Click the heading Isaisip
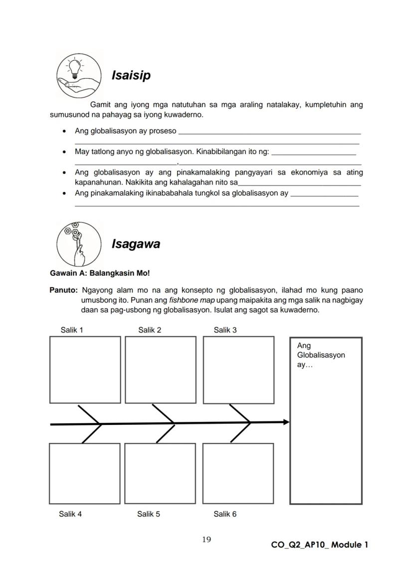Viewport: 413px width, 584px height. [131, 76]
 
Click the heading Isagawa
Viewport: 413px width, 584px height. [136, 244]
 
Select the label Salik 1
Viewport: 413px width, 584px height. [72, 330]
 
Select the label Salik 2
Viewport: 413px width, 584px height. [150, 330]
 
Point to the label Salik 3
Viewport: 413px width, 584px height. [225, 330]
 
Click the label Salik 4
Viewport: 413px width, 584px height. [70, 514]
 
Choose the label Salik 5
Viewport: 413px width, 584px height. [149, 514]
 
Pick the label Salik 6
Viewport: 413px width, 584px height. [225, 514]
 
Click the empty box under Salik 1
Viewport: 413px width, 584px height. [85, 369]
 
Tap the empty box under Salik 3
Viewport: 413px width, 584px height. [238, 370]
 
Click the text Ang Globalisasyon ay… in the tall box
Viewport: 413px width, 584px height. [321, 355]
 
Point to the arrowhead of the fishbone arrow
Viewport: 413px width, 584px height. [286, 422]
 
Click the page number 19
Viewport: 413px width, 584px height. [206, 539]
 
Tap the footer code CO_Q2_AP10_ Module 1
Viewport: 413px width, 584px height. [320, 545]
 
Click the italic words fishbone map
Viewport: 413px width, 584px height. [189, 300]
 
